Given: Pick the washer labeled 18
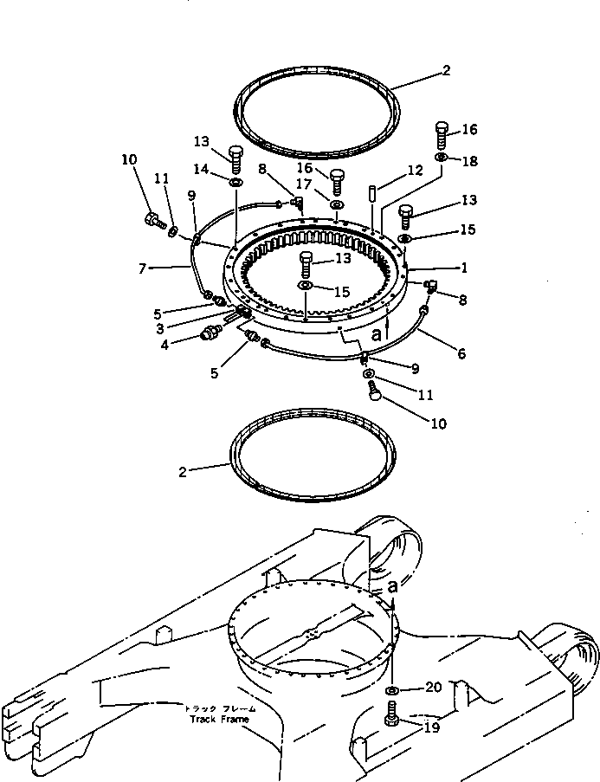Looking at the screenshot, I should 442,158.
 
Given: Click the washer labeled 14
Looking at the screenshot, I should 235,183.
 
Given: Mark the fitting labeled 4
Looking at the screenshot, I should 211,333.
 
